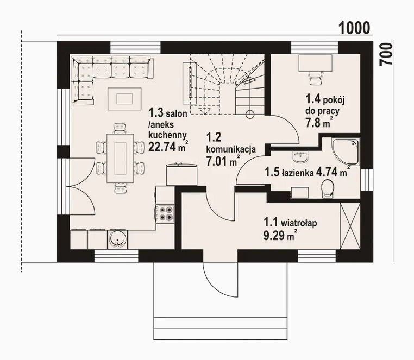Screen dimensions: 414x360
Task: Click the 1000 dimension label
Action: [354, 28]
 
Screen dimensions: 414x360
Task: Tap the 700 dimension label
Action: [386, 54]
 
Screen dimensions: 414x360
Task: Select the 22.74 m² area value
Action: [168, 146]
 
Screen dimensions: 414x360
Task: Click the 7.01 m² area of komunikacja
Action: [223, 161]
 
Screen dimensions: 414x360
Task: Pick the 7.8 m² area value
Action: [319, 122]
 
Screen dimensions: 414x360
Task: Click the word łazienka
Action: [298, 173]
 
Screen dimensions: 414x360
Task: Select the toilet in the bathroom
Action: [328, 188]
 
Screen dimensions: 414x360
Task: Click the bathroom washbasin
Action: [300, 156]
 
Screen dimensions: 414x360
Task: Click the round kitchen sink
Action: [117, 239]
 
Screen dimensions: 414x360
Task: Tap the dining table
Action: [120, 159]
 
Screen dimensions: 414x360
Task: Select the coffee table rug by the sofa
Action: [124, 99]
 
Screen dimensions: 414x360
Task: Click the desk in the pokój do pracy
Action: [315, 63]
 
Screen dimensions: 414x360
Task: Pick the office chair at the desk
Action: [315, 78]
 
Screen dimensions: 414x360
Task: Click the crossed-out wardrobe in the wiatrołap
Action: [350, 226]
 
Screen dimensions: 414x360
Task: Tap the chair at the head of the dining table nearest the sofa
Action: [120, 129]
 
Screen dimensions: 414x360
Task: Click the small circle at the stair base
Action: [250, 114]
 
